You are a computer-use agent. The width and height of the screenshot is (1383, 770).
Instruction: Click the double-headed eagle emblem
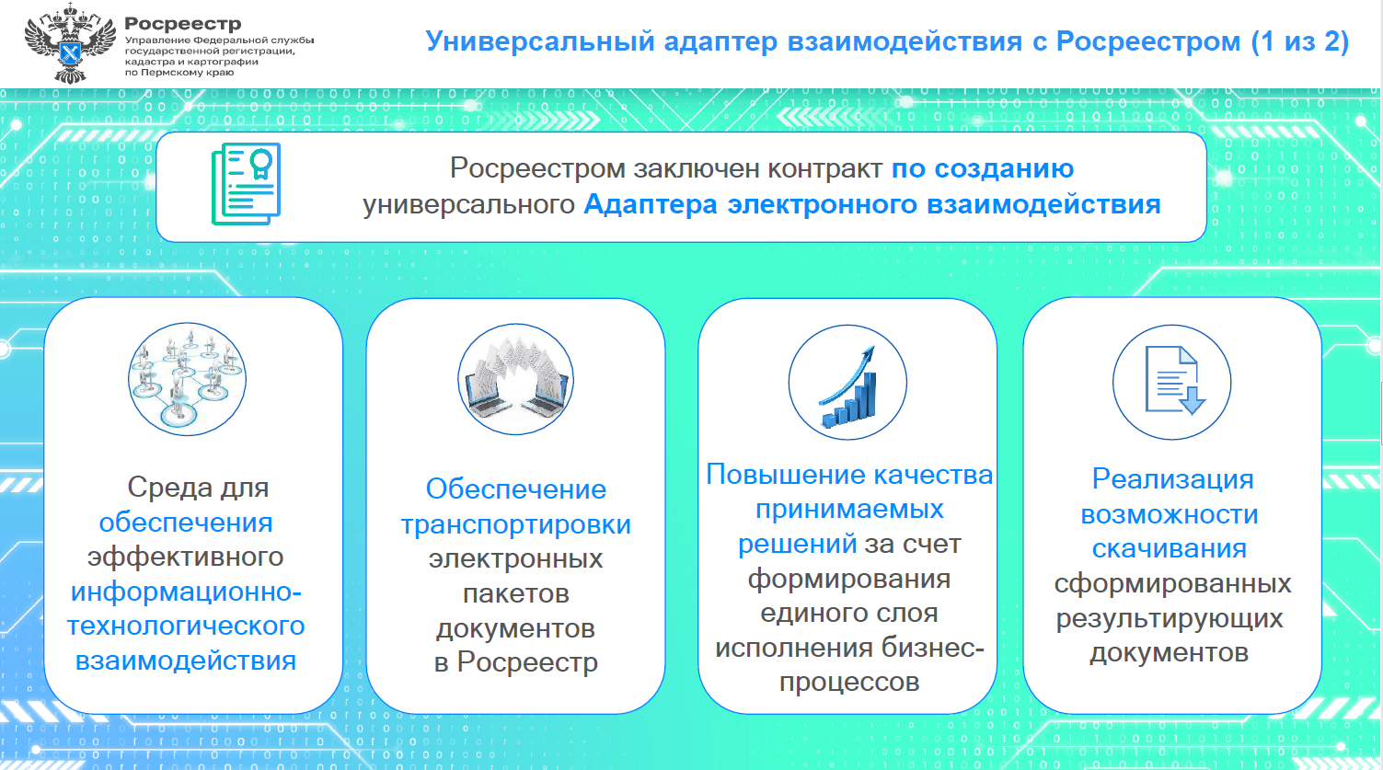(70, 43)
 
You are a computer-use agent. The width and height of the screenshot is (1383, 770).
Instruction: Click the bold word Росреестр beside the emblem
(183, 24)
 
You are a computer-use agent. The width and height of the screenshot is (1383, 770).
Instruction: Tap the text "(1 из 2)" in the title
(1300, 41)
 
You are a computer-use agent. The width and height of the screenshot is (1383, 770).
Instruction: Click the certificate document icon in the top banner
(246, 183)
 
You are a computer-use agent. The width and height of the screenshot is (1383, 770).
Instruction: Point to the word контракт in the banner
(824, 168)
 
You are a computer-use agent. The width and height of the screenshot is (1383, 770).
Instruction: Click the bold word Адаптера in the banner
(651, 204)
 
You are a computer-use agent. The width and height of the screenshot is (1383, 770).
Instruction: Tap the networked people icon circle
(187, 378)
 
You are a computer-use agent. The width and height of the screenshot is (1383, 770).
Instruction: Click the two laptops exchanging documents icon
(515, 378)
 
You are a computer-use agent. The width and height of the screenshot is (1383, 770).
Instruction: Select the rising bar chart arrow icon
(847, 382)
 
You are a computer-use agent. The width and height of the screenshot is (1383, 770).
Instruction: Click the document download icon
(1172, 382)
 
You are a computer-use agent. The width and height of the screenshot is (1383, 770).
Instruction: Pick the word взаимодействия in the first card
(186, 661)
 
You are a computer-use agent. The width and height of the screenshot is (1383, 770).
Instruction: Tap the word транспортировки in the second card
(515, 525)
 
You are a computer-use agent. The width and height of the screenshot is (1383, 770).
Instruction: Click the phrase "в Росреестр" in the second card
(515, 662)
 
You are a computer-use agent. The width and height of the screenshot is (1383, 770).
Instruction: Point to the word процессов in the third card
(849, 683)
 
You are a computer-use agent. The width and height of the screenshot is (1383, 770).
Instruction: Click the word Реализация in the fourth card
(1172, 479)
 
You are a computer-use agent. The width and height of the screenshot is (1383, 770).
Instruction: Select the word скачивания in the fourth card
(1170, 548)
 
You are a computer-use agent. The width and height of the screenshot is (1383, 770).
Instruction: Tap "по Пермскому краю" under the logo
(179, 73)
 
